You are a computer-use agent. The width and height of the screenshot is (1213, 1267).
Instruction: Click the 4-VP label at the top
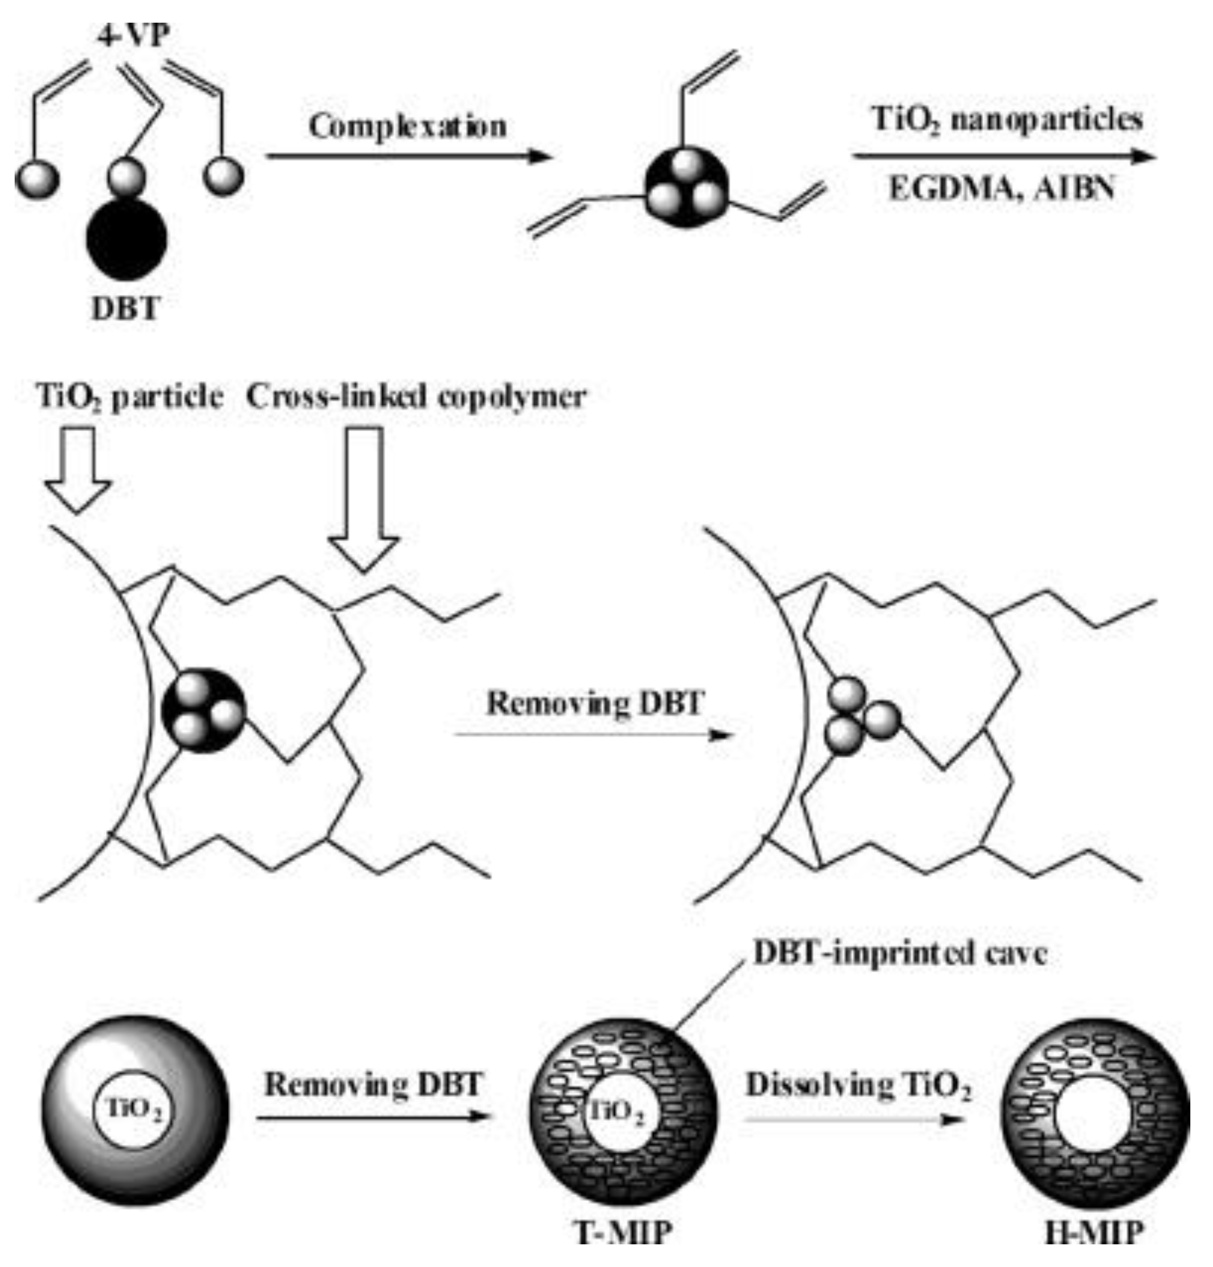point(133,35)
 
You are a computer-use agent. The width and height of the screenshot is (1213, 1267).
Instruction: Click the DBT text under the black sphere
point(125,309)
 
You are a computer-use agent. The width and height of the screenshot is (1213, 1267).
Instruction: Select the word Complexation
point(407,127)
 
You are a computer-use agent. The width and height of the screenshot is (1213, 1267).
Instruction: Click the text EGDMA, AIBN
point(1001,189)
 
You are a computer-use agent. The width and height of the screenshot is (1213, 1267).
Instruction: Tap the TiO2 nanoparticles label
point(1007,121)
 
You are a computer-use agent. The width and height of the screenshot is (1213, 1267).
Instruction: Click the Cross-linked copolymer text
point(416,398)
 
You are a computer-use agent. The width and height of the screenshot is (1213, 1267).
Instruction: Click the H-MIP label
point(1094,1232)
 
